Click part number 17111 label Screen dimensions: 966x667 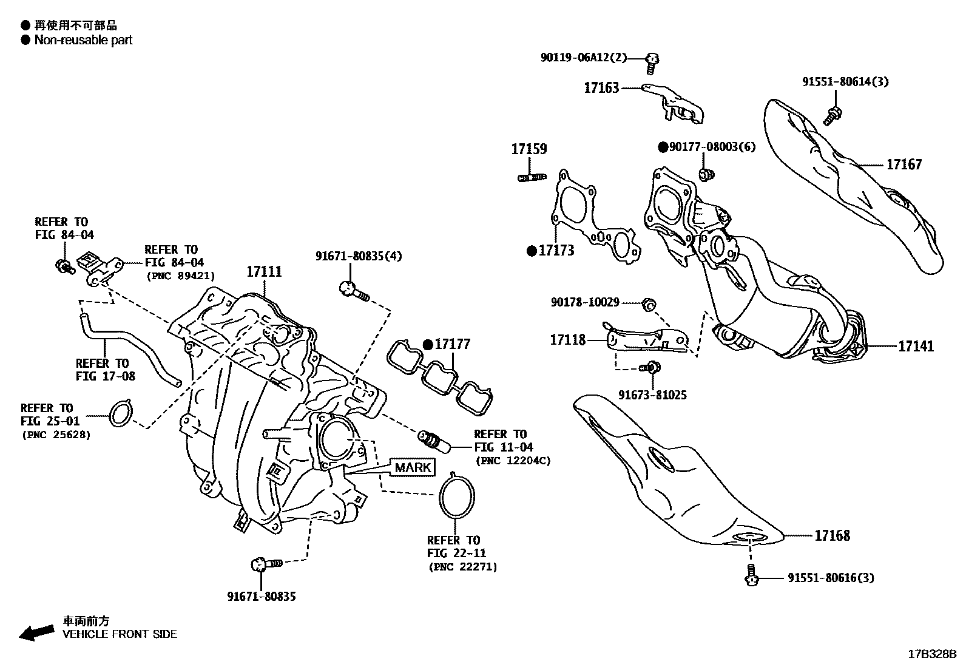264,271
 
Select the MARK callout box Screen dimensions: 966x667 412,467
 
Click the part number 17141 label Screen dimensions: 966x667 916,347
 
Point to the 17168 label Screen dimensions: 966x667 832,536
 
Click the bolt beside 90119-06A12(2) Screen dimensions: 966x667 652,59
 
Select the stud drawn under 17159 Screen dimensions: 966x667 532,177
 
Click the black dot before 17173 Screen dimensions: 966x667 531,251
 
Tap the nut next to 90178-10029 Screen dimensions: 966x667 647,303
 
